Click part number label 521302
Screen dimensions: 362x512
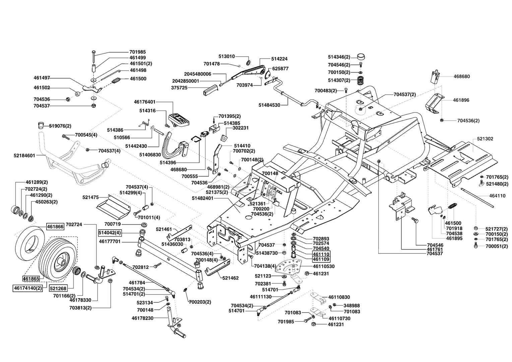click(483, 138)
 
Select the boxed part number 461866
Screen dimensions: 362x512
click(55, 227)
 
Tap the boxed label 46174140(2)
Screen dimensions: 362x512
click(28, 288)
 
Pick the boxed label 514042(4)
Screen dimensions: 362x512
click(110, 232)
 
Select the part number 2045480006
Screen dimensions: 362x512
click(197, 74)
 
